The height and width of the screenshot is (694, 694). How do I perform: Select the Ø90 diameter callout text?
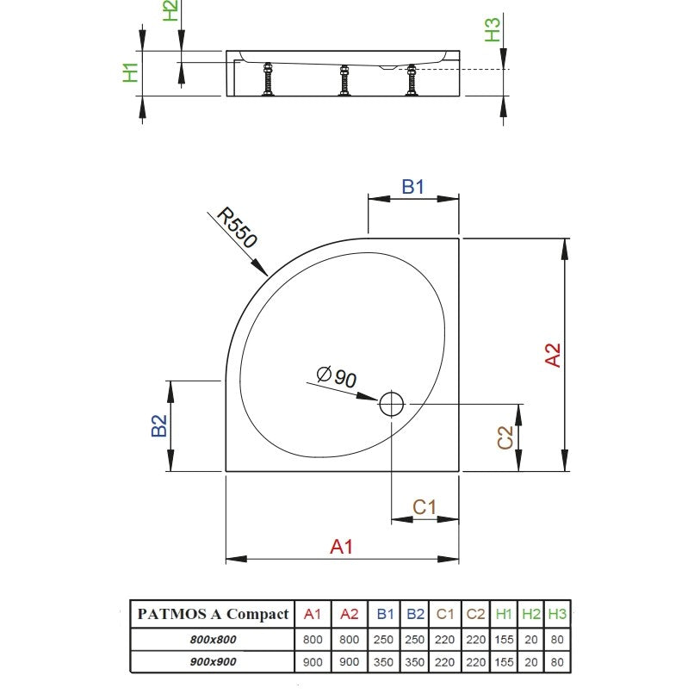point(337,376)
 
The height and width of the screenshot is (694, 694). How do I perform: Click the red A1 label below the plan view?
point(341,547)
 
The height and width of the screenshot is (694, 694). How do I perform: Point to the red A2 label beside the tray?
point(553,355)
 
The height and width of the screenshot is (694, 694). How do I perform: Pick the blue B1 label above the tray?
point(412,187)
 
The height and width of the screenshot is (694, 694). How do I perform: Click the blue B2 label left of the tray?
point(159,425)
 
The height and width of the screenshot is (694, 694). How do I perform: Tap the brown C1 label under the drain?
point(424,507)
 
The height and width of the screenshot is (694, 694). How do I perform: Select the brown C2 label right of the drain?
point(505,437)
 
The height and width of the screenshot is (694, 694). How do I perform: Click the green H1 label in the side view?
point(131,72)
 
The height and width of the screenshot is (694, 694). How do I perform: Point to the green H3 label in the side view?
point(493,29)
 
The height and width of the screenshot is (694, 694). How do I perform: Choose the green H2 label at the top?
point(170,10)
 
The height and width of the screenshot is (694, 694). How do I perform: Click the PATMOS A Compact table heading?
point(213,614)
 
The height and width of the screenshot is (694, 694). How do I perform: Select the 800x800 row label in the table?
point(213,640)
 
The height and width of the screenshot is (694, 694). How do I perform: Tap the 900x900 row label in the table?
point(213,662)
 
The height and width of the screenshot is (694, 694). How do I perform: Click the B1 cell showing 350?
point(383,662)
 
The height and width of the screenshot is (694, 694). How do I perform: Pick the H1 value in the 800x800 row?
point(504,640)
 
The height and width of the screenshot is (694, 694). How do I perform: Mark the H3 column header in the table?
point(557,614)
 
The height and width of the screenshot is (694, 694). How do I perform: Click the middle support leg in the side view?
point(344,80)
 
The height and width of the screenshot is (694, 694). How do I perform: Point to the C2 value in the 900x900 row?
point(476,662)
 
